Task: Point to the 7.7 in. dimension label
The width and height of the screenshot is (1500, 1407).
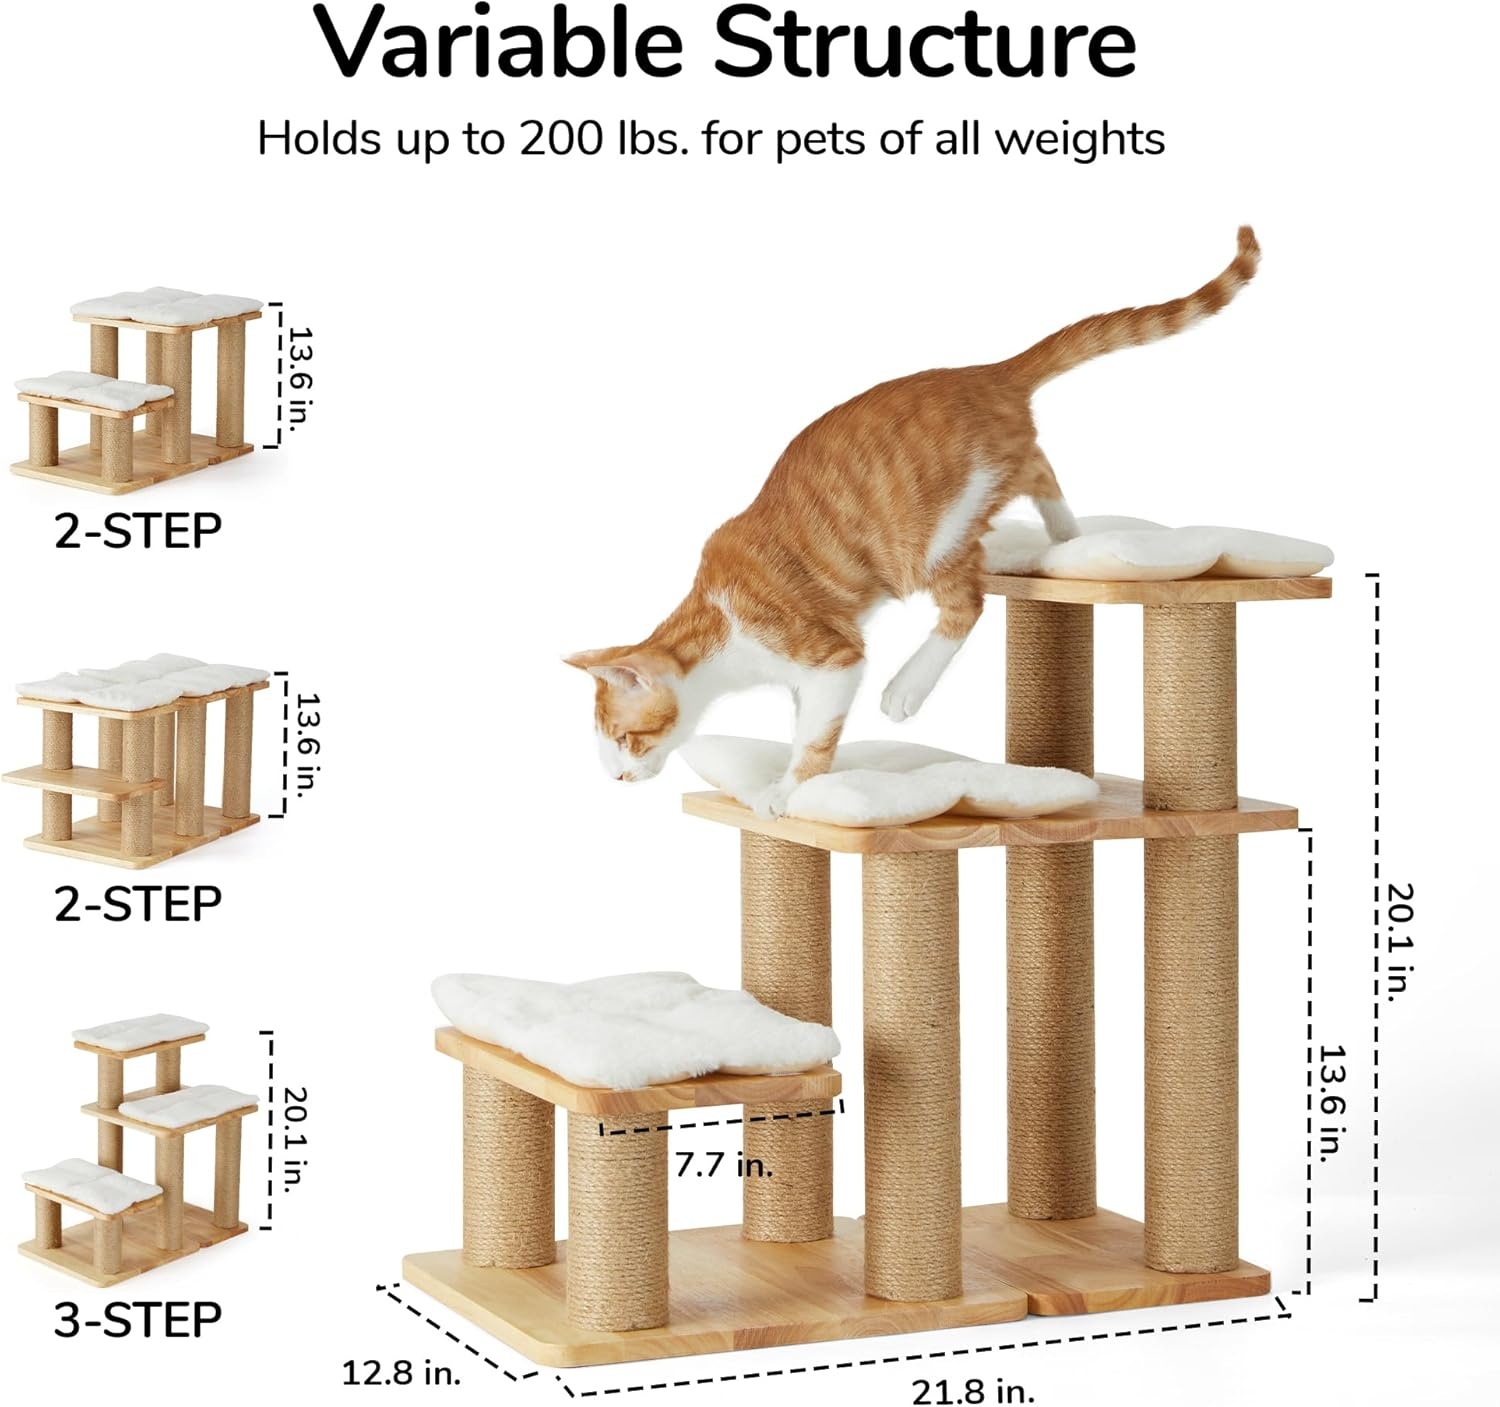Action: [724, 1166]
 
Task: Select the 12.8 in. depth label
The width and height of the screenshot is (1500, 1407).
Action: [401, 1372]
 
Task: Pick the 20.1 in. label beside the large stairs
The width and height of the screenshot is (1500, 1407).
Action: [1400, 942]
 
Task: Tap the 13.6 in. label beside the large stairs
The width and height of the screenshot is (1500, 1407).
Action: [1331, 1104]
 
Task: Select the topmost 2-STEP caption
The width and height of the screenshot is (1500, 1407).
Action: [137, 530]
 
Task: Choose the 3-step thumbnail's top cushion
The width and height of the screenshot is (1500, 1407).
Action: [140, 1032]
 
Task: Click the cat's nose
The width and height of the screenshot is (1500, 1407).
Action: [619, 777]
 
